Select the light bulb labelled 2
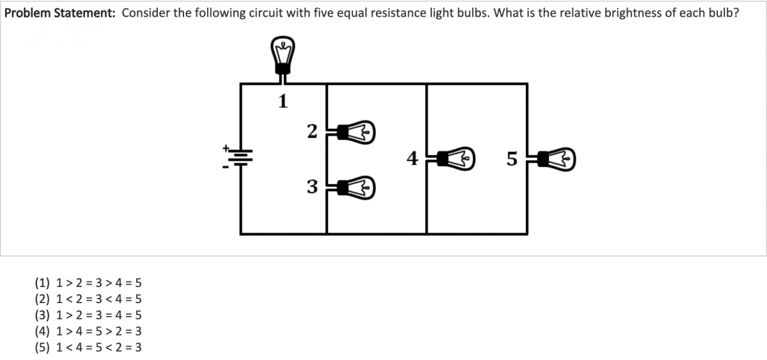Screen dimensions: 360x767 (x=356, y=132)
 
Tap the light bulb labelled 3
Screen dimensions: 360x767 (x=356, y=187)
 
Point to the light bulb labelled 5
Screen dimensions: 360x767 (x=557, y=158)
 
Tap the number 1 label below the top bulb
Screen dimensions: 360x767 (x=282, y=100)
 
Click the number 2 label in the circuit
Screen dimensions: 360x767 (x=312, y=132)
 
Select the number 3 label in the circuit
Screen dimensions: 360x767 (x=312, y=187)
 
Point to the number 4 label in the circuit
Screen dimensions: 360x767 (x=413, y=157)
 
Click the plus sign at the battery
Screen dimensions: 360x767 (x=226, y=147)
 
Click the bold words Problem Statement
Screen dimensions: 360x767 (x=59, y=13)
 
